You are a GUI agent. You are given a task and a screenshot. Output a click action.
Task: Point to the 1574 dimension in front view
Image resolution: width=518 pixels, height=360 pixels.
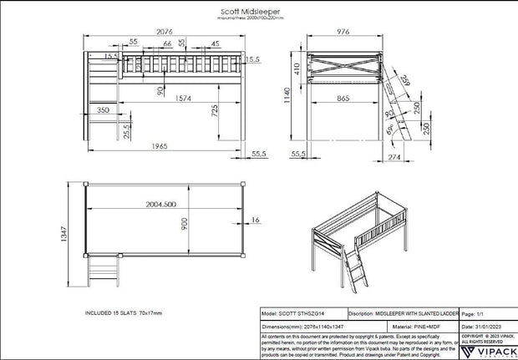pyautogui.click(x=160, y=98)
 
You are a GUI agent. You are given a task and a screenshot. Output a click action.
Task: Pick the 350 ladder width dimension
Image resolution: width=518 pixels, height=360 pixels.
pyautogui.click(x=103, y=109)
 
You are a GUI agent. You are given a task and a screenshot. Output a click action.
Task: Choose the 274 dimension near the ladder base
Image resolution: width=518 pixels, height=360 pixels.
pyautogui.click(x=396, y=155)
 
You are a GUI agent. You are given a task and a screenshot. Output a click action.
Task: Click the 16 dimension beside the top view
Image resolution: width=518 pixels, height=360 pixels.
pyautogui.click(x=255, y=220)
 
